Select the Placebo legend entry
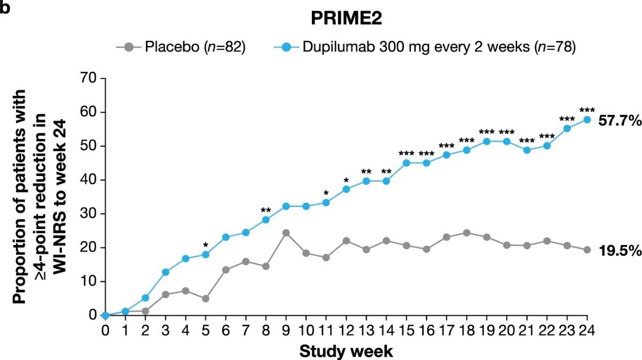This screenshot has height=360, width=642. tap(180, 47)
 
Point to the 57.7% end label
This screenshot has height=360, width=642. tap(620, 121)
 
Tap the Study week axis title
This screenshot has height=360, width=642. tap(346, 351)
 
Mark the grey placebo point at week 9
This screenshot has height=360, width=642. tap(286, 233)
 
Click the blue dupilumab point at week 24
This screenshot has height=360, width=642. tap(587, 120)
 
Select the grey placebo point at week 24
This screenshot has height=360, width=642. tap(587, 249)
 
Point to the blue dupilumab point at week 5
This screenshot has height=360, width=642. tap(205, 255)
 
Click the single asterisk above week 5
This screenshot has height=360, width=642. tap(205, 246)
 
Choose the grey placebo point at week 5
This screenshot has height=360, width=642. tap(205, 298)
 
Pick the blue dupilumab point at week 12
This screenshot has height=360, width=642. tap(346, 189)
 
